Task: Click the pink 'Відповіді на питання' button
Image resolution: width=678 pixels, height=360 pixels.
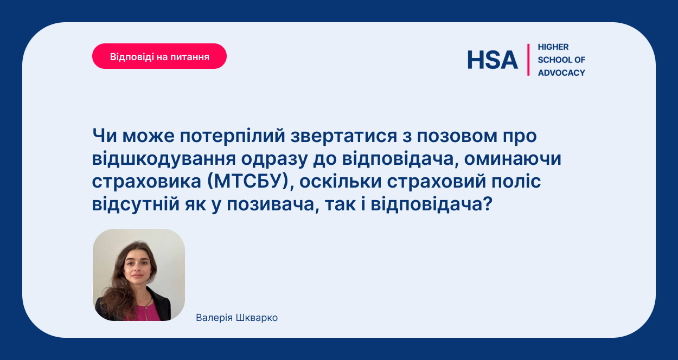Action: (159, 56)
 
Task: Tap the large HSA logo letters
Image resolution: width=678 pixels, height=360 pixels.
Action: (492, 60)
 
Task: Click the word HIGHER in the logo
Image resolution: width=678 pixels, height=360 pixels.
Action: (553, 47)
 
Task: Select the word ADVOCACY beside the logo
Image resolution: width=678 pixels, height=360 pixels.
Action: (561, 73)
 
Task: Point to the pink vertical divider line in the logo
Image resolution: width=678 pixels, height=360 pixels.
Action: (528, 60)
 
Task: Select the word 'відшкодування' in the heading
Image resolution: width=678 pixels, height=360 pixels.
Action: (164, 158)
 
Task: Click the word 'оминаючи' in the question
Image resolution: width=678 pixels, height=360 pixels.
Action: (513, 158)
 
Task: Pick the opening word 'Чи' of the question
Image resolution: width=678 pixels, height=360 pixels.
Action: (105, 136)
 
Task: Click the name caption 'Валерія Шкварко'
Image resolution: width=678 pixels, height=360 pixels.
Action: (236, 318)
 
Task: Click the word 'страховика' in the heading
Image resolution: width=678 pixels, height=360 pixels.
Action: (146, 182)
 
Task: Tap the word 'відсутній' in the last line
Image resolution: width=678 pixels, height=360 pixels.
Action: (136, 204)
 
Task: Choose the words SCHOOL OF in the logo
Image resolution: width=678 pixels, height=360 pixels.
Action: (561, 60)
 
